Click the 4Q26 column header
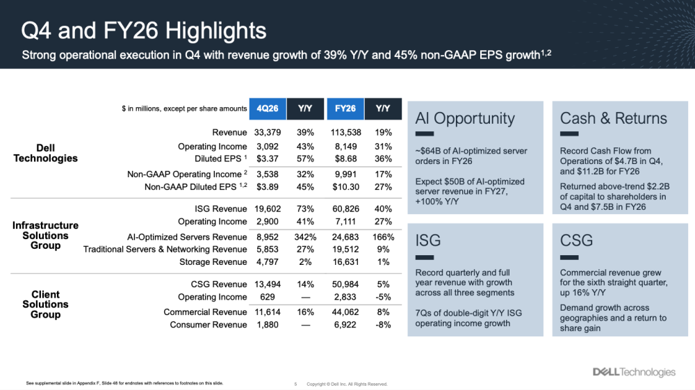click(268, 108)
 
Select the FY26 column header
click(345, 108)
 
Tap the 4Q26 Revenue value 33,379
click(267, 133)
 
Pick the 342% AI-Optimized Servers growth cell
click(304, 237)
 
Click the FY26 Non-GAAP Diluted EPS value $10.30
click(345, 187)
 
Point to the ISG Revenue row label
click(221, 209)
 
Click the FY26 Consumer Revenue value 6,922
click(345, 325)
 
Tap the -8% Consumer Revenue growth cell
click(383, 325)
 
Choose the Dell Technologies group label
click(45, 153)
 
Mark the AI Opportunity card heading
click(465, 118)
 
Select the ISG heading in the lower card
click(428, 241)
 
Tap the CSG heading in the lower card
click(577, 241)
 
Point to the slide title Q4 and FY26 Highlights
click(144, 31)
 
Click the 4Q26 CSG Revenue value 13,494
click(267, 284)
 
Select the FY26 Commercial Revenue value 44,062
click(345, 312)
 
